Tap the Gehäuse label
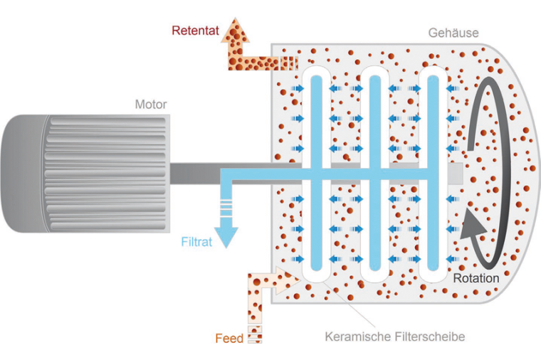point(453,33)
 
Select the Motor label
point(151,105)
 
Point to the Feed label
point(229,338)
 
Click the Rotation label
point(476,278)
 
